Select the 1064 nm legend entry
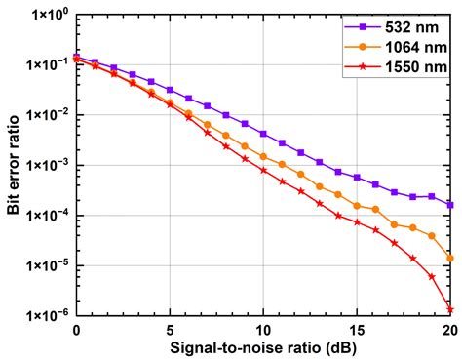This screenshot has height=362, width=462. coord(400,46)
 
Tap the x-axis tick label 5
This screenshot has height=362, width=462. coord(170,330)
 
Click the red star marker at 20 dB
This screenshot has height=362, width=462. coord(450,309)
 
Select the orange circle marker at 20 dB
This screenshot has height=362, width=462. coord(450,259)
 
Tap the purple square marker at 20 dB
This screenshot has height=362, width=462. coord(450,205)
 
